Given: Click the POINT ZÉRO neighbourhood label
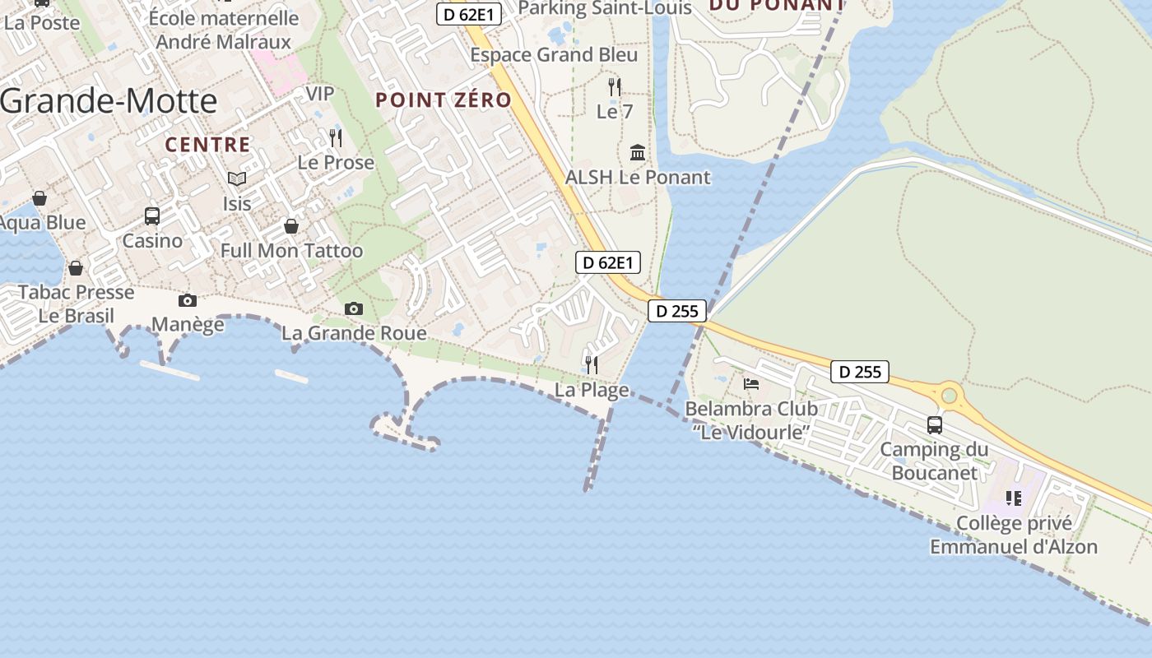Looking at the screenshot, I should (x=444, y=100).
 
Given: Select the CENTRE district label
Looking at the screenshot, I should (x=207, y=145).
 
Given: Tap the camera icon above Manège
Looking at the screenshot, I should (x=188, y=301).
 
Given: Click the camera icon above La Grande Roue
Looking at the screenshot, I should (x=354, y=309).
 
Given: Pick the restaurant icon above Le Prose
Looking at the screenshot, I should (x=335, y=137).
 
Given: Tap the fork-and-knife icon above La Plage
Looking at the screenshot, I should (x=591, y=364).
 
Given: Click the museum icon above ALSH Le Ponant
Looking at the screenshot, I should (x=638, y=152).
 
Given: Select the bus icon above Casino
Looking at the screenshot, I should (x=152, y=216).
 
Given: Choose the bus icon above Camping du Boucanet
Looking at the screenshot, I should (x=935, y=425).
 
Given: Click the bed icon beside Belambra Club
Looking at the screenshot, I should (x=751, y=384).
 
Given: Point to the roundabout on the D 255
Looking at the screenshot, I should (x=950, y=396).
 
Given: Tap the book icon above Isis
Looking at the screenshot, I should (x=237, y=178).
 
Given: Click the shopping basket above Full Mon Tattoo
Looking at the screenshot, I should (x=291, y=226).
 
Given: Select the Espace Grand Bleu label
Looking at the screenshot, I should (x=554, y=55).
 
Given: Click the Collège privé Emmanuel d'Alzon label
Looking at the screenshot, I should (x=1014, y=535).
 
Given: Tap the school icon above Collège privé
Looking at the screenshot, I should (x=1014, y=498).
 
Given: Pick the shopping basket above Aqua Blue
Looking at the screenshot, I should (x=39, y=198).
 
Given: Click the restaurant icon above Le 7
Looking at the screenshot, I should (x=614, y=86).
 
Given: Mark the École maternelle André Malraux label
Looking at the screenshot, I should (x=224, y=30).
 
